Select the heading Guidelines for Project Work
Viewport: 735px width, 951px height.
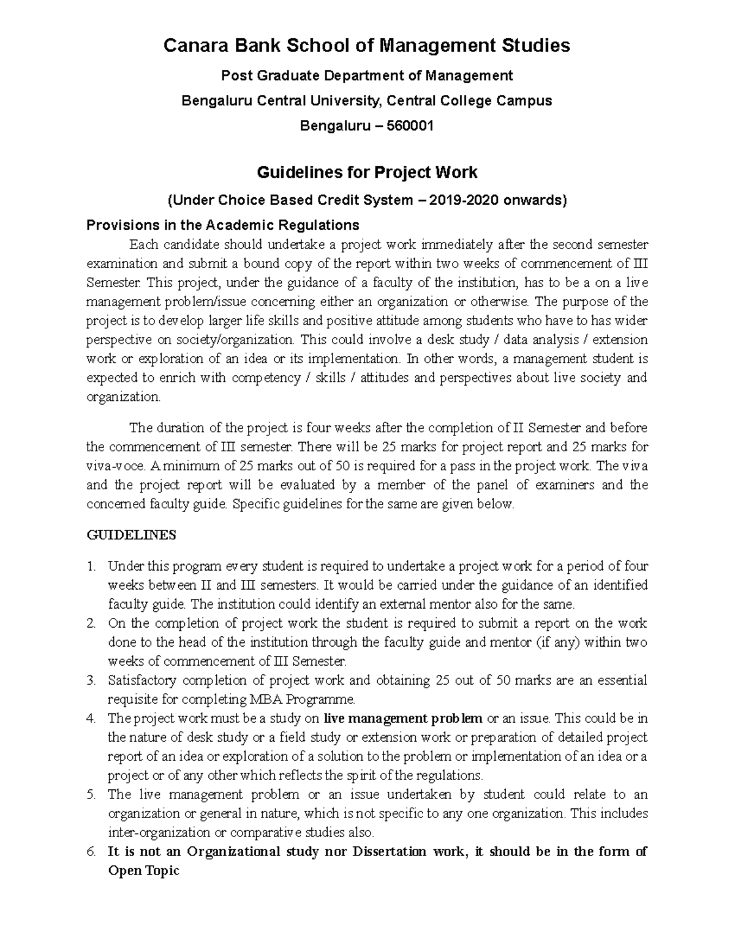pos(367,173)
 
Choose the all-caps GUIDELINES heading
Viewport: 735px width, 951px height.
pos(131,535)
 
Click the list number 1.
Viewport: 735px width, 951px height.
pos(91,566)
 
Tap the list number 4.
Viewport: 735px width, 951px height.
pos(91,718)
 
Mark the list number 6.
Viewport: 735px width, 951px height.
pos(91,852)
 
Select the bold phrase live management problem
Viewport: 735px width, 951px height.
pos(403,718)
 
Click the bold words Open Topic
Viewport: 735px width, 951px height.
pos(143,871)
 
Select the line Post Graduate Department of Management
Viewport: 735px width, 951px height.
pos(367,76)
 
